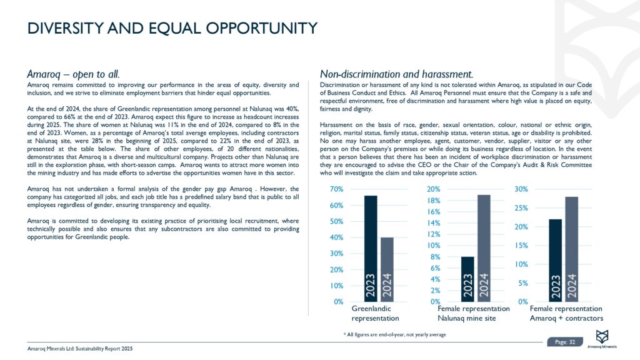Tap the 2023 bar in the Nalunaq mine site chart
pyautogui.click(x=467, y=279)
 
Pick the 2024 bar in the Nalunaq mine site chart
pyautogui.click(x=484, y=248)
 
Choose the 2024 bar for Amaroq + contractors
pyautogui.click(x=572, y=249)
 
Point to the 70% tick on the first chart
pyautogui.click(x=337, y=189)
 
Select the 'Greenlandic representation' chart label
pyautogui.click(x=375, y=314)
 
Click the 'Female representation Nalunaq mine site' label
pyautogui.click(x=474, y=314)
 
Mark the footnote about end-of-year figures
pyautogui.click(x=395, y=334)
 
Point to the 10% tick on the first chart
pyautogui.click(x=337, y=286)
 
